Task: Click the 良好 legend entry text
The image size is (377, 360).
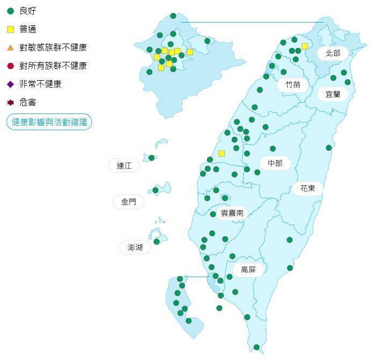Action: pos(28,11)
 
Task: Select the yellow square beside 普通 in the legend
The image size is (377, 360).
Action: pos(10,29)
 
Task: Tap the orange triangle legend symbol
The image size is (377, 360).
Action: pos(10,47)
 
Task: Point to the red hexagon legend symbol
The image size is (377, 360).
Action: pos(10,66)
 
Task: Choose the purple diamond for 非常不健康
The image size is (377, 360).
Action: pos(10,84)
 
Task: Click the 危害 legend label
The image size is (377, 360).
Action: pos(27,102)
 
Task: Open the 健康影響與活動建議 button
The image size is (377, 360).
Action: pos(49,122)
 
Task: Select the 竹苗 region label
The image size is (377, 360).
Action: pos(293,84)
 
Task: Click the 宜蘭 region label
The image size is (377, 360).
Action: pos(332,94)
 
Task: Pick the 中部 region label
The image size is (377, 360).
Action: pos(275,163)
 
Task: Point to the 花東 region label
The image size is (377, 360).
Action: pos(308,188)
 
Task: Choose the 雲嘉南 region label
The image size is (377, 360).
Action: pos(232,213)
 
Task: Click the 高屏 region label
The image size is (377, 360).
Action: pos(248,270)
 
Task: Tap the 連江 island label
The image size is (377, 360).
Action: pos(124,166)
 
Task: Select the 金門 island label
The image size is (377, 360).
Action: pos(129,202)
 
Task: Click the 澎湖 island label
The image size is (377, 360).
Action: pos(135,248)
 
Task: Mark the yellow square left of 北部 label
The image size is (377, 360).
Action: pos(304,46)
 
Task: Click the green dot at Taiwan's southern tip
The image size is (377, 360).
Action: pos(257,347)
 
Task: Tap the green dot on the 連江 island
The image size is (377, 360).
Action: pos(152,158)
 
